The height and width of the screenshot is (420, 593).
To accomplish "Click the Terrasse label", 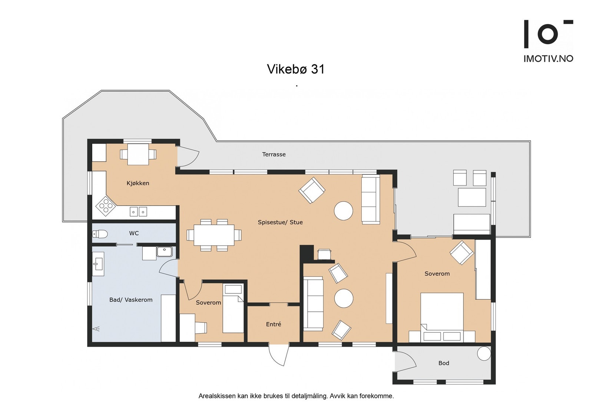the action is [274, 154].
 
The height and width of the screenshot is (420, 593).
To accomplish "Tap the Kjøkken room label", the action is [138, 183].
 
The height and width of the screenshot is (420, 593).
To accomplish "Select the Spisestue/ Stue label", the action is [280, 222].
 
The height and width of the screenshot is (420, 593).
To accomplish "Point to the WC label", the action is [134, 233].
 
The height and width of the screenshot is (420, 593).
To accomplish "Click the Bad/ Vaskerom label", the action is [131, 300].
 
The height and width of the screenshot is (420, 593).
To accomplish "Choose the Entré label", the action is [274, 324].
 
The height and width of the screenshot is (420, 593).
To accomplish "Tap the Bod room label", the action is [444, 363].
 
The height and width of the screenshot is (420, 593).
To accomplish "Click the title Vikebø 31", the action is [296, 69].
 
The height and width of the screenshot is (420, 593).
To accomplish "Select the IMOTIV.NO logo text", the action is [548, 59].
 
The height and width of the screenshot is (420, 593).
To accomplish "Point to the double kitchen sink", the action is [138, 212].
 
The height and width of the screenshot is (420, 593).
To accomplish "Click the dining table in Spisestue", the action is [214, 235].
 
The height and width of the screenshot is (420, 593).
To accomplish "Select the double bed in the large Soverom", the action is [442, 317].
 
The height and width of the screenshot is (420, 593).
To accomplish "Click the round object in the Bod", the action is [484, 354].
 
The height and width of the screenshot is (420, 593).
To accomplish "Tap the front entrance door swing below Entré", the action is [279, 355].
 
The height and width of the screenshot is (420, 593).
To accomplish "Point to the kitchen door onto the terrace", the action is [188, 157].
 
